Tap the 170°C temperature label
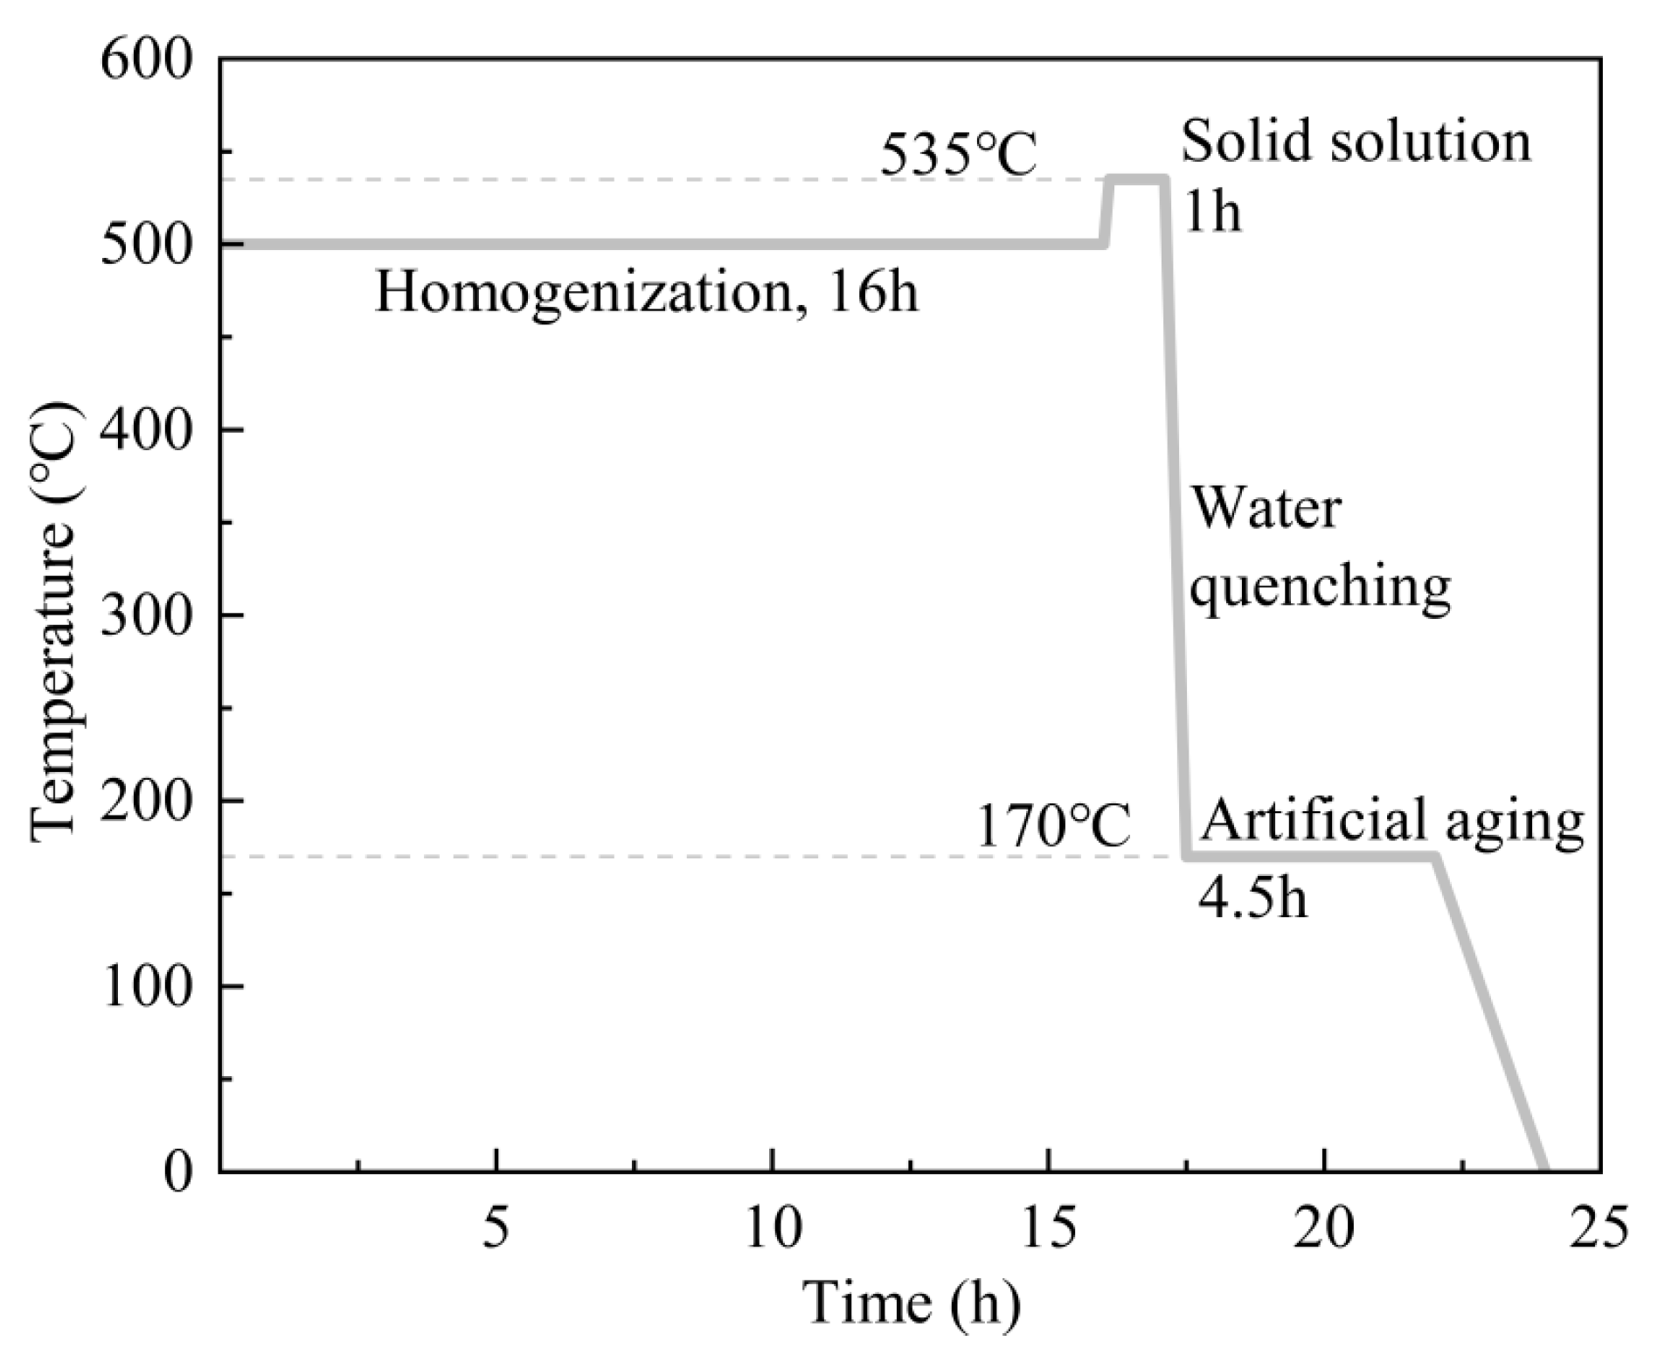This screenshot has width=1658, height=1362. pos(1052,826)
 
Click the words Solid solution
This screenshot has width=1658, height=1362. pos(1356,142)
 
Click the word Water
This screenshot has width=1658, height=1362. pos(1266,510)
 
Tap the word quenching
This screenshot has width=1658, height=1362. pos(1321,587)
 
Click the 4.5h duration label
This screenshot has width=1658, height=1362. pos(1252,897)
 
